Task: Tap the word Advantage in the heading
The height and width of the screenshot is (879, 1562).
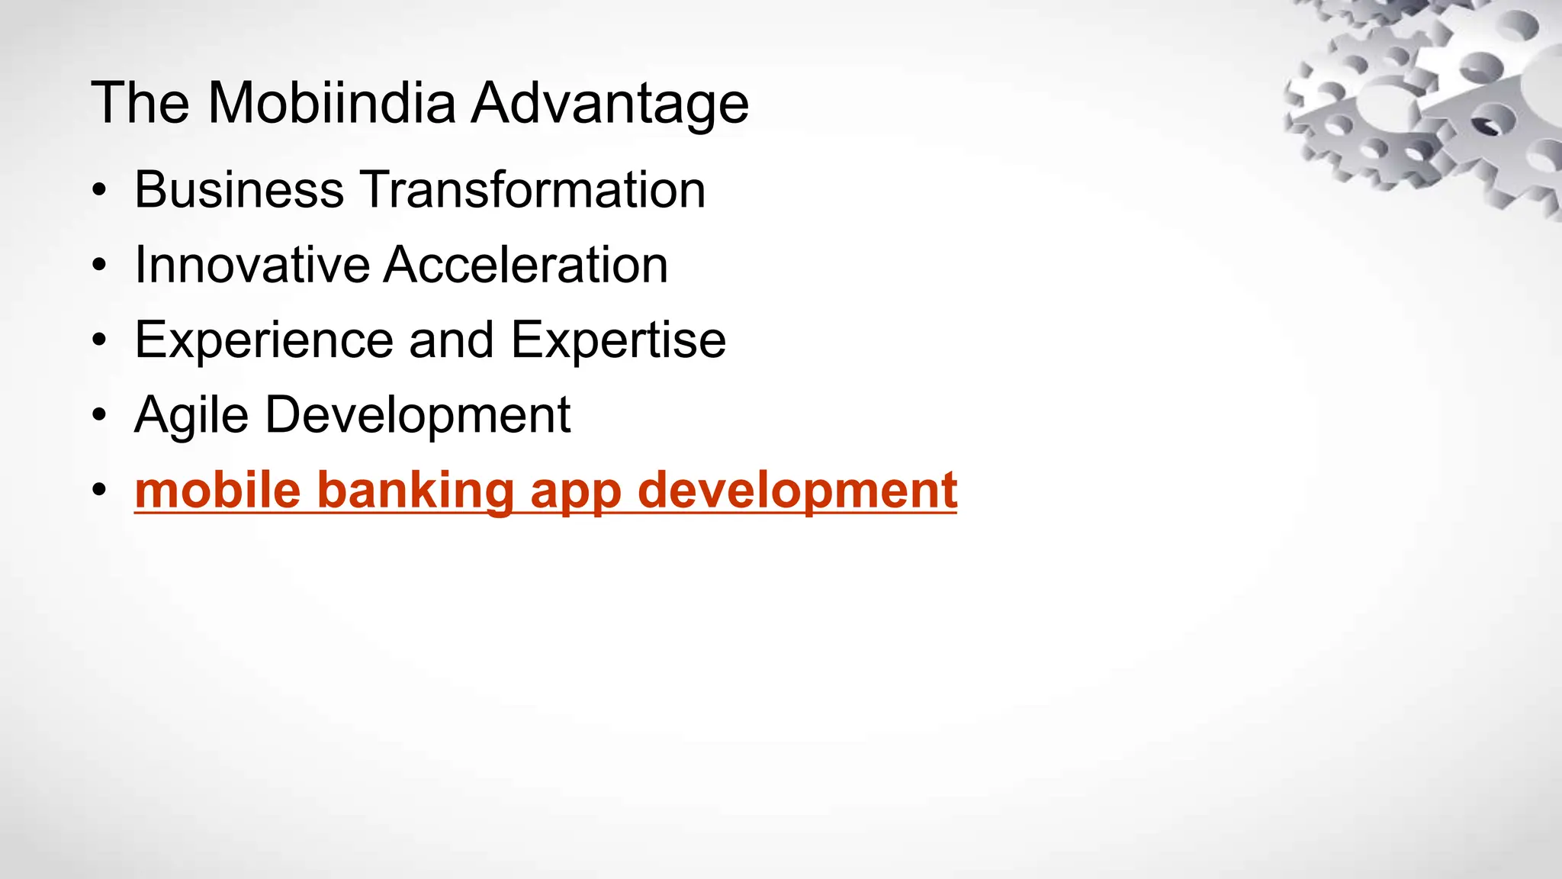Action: pos(610,104)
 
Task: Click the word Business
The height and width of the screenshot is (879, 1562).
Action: pos(239,189)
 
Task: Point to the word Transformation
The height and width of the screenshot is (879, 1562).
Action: pos(532,189)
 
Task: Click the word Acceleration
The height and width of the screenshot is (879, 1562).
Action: pos(525,265)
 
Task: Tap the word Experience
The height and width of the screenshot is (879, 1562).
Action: pos(262,341)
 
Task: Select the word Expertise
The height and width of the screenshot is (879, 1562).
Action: pos(618,341)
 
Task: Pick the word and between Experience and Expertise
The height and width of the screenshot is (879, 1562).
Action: pos(452,340)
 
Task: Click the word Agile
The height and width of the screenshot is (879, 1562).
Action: pos(191,417)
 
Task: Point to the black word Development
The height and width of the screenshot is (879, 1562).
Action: pos(418,417)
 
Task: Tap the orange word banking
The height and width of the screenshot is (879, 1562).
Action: pos(416,491)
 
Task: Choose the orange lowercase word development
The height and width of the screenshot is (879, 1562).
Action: pos(797,491)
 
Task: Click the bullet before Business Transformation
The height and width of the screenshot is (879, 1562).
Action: pos(98,191)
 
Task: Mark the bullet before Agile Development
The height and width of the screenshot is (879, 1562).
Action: pos(98,417)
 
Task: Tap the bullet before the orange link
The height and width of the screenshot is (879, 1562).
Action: pos(98,491)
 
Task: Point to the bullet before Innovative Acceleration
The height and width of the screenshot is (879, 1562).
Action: pos(98,266)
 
